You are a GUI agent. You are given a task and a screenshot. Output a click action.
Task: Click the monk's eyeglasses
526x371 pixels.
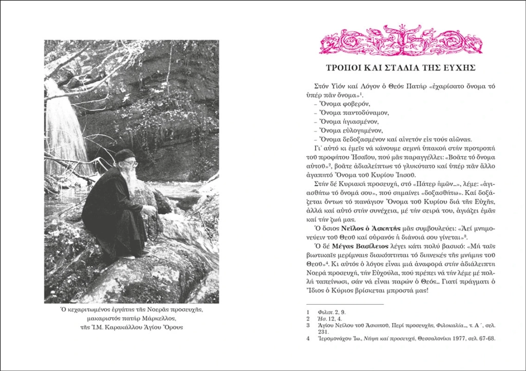(x=131, y=164)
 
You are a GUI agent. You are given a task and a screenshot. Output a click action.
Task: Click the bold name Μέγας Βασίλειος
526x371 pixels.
(x=358, y=246)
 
